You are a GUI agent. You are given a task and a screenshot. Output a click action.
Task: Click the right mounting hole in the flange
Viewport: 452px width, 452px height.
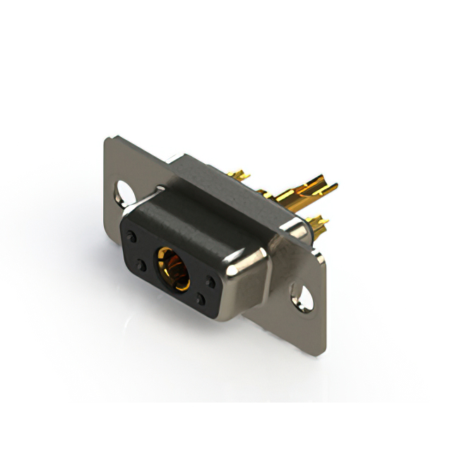click(x=305, y=297)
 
